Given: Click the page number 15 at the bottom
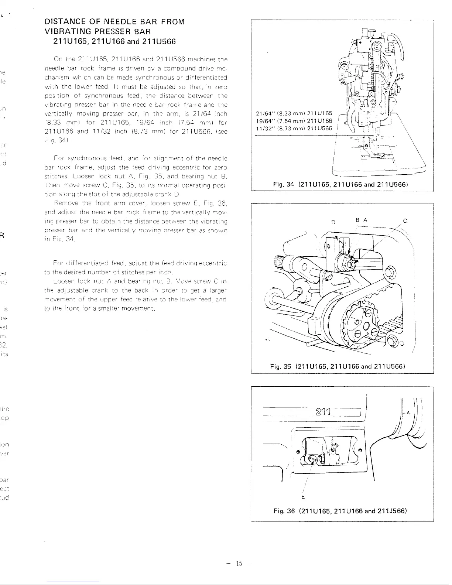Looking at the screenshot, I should click(x=239, y=563).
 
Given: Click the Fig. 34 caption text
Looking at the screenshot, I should click(x=342, y=184).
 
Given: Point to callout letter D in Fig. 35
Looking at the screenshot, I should click(x=333, y=222).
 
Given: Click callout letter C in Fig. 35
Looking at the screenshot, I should click(x=405, y=221).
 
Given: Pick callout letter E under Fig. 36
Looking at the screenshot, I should click(x=303, y=497).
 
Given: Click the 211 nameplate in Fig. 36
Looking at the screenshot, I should click(x=323, y=412).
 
